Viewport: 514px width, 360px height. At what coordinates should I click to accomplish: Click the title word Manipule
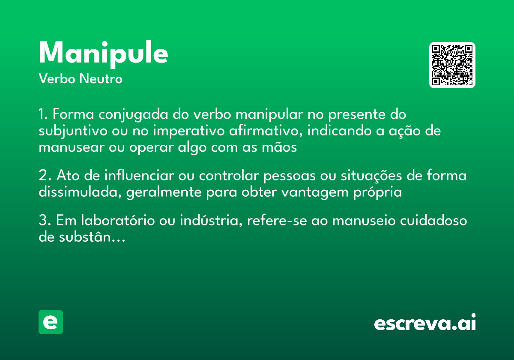(103, 54)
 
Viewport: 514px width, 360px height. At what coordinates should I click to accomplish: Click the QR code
(452, 65)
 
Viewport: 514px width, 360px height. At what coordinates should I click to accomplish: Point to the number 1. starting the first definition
(43, 115)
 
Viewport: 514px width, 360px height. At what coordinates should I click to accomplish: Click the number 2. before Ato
(45, 176)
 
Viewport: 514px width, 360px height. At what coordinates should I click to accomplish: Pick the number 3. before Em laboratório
(45, 221)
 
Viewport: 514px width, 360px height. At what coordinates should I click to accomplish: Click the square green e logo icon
(51, 322)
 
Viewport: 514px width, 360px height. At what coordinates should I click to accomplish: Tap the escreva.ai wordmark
(425, 323)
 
